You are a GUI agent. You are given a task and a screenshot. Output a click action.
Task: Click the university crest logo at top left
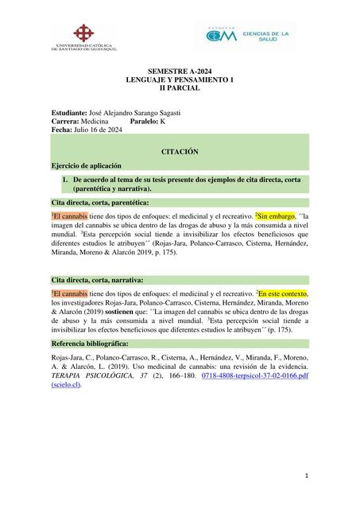83,36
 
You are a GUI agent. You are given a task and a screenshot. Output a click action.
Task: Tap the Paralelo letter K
172,122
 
